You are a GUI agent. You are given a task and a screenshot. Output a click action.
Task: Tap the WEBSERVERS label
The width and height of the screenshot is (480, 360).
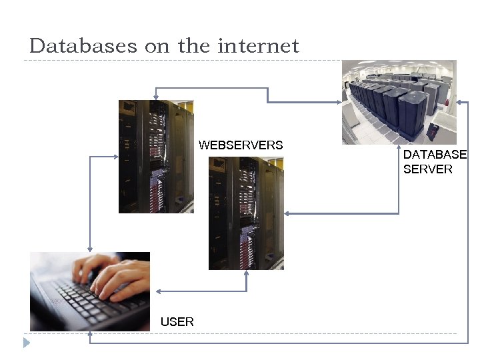241,145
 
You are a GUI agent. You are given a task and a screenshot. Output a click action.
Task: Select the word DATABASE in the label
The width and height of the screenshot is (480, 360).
435,155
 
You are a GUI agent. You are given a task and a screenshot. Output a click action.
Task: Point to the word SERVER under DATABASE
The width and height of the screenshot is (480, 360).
427,169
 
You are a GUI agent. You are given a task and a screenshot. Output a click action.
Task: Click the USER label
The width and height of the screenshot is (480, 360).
177,322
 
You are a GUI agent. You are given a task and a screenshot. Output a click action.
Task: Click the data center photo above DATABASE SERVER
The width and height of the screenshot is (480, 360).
399,102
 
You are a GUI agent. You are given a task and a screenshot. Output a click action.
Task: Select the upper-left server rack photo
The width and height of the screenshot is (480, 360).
156,157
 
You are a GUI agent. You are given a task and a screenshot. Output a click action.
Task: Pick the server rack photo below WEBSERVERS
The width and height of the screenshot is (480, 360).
246,213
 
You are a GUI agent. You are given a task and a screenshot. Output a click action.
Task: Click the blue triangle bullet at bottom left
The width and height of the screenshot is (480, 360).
27,343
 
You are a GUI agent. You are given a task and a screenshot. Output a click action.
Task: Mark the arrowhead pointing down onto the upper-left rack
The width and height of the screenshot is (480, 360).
155,97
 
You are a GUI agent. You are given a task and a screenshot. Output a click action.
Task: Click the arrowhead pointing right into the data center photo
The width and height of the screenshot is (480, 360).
338,102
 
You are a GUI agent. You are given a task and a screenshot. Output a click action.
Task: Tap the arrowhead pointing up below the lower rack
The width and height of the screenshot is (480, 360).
246,273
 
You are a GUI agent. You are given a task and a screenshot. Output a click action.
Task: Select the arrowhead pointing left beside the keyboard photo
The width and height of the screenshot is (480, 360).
158,291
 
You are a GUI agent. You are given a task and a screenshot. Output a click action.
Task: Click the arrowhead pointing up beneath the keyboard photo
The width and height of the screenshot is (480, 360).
90,335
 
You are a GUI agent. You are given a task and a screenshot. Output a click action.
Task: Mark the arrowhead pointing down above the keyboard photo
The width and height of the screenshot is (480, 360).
90,248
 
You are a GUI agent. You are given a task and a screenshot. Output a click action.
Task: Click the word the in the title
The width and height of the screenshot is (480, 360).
193,46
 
